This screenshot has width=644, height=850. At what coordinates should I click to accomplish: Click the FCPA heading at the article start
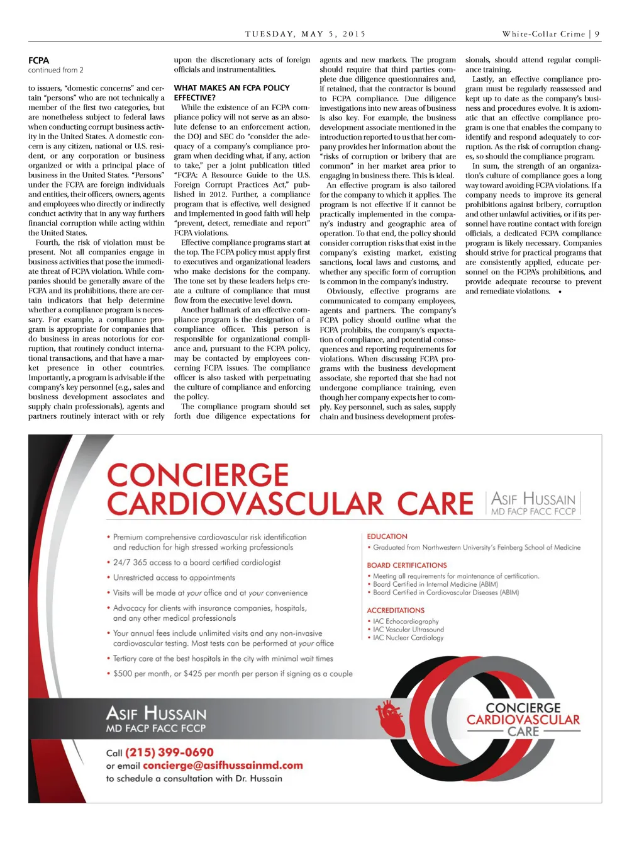point(38,60)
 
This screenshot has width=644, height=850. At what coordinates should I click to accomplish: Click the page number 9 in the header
point(597,34)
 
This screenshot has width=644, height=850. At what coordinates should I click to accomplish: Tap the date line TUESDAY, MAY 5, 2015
point(305,34)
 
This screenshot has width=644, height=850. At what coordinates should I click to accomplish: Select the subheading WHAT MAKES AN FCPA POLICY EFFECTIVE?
point(231,93)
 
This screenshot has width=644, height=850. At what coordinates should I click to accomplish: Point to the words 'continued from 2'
point(55,70)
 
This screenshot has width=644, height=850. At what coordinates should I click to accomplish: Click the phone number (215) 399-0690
point(169,752)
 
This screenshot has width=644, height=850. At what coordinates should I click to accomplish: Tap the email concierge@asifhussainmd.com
point(223,766)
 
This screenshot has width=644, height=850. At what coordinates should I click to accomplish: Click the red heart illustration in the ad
point(391,718)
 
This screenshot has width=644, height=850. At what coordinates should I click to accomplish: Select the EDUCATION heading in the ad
point(387,536)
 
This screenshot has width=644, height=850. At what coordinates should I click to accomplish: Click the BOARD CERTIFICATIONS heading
point(407,565)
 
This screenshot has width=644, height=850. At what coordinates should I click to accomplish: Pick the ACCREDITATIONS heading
point(396,610)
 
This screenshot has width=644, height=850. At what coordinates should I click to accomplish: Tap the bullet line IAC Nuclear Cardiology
point(408,638)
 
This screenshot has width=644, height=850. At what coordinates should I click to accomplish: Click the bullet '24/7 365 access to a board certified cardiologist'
point(196,562)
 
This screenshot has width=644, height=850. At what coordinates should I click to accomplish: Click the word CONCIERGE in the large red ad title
point(197,475)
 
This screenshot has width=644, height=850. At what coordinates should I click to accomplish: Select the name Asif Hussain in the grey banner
point(156,713)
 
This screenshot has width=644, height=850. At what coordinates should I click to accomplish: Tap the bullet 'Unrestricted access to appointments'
point(174,577)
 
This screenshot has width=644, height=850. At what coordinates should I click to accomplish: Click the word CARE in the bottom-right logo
point(523,732)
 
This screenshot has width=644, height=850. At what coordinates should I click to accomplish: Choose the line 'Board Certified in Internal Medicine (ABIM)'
point(435,584)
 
